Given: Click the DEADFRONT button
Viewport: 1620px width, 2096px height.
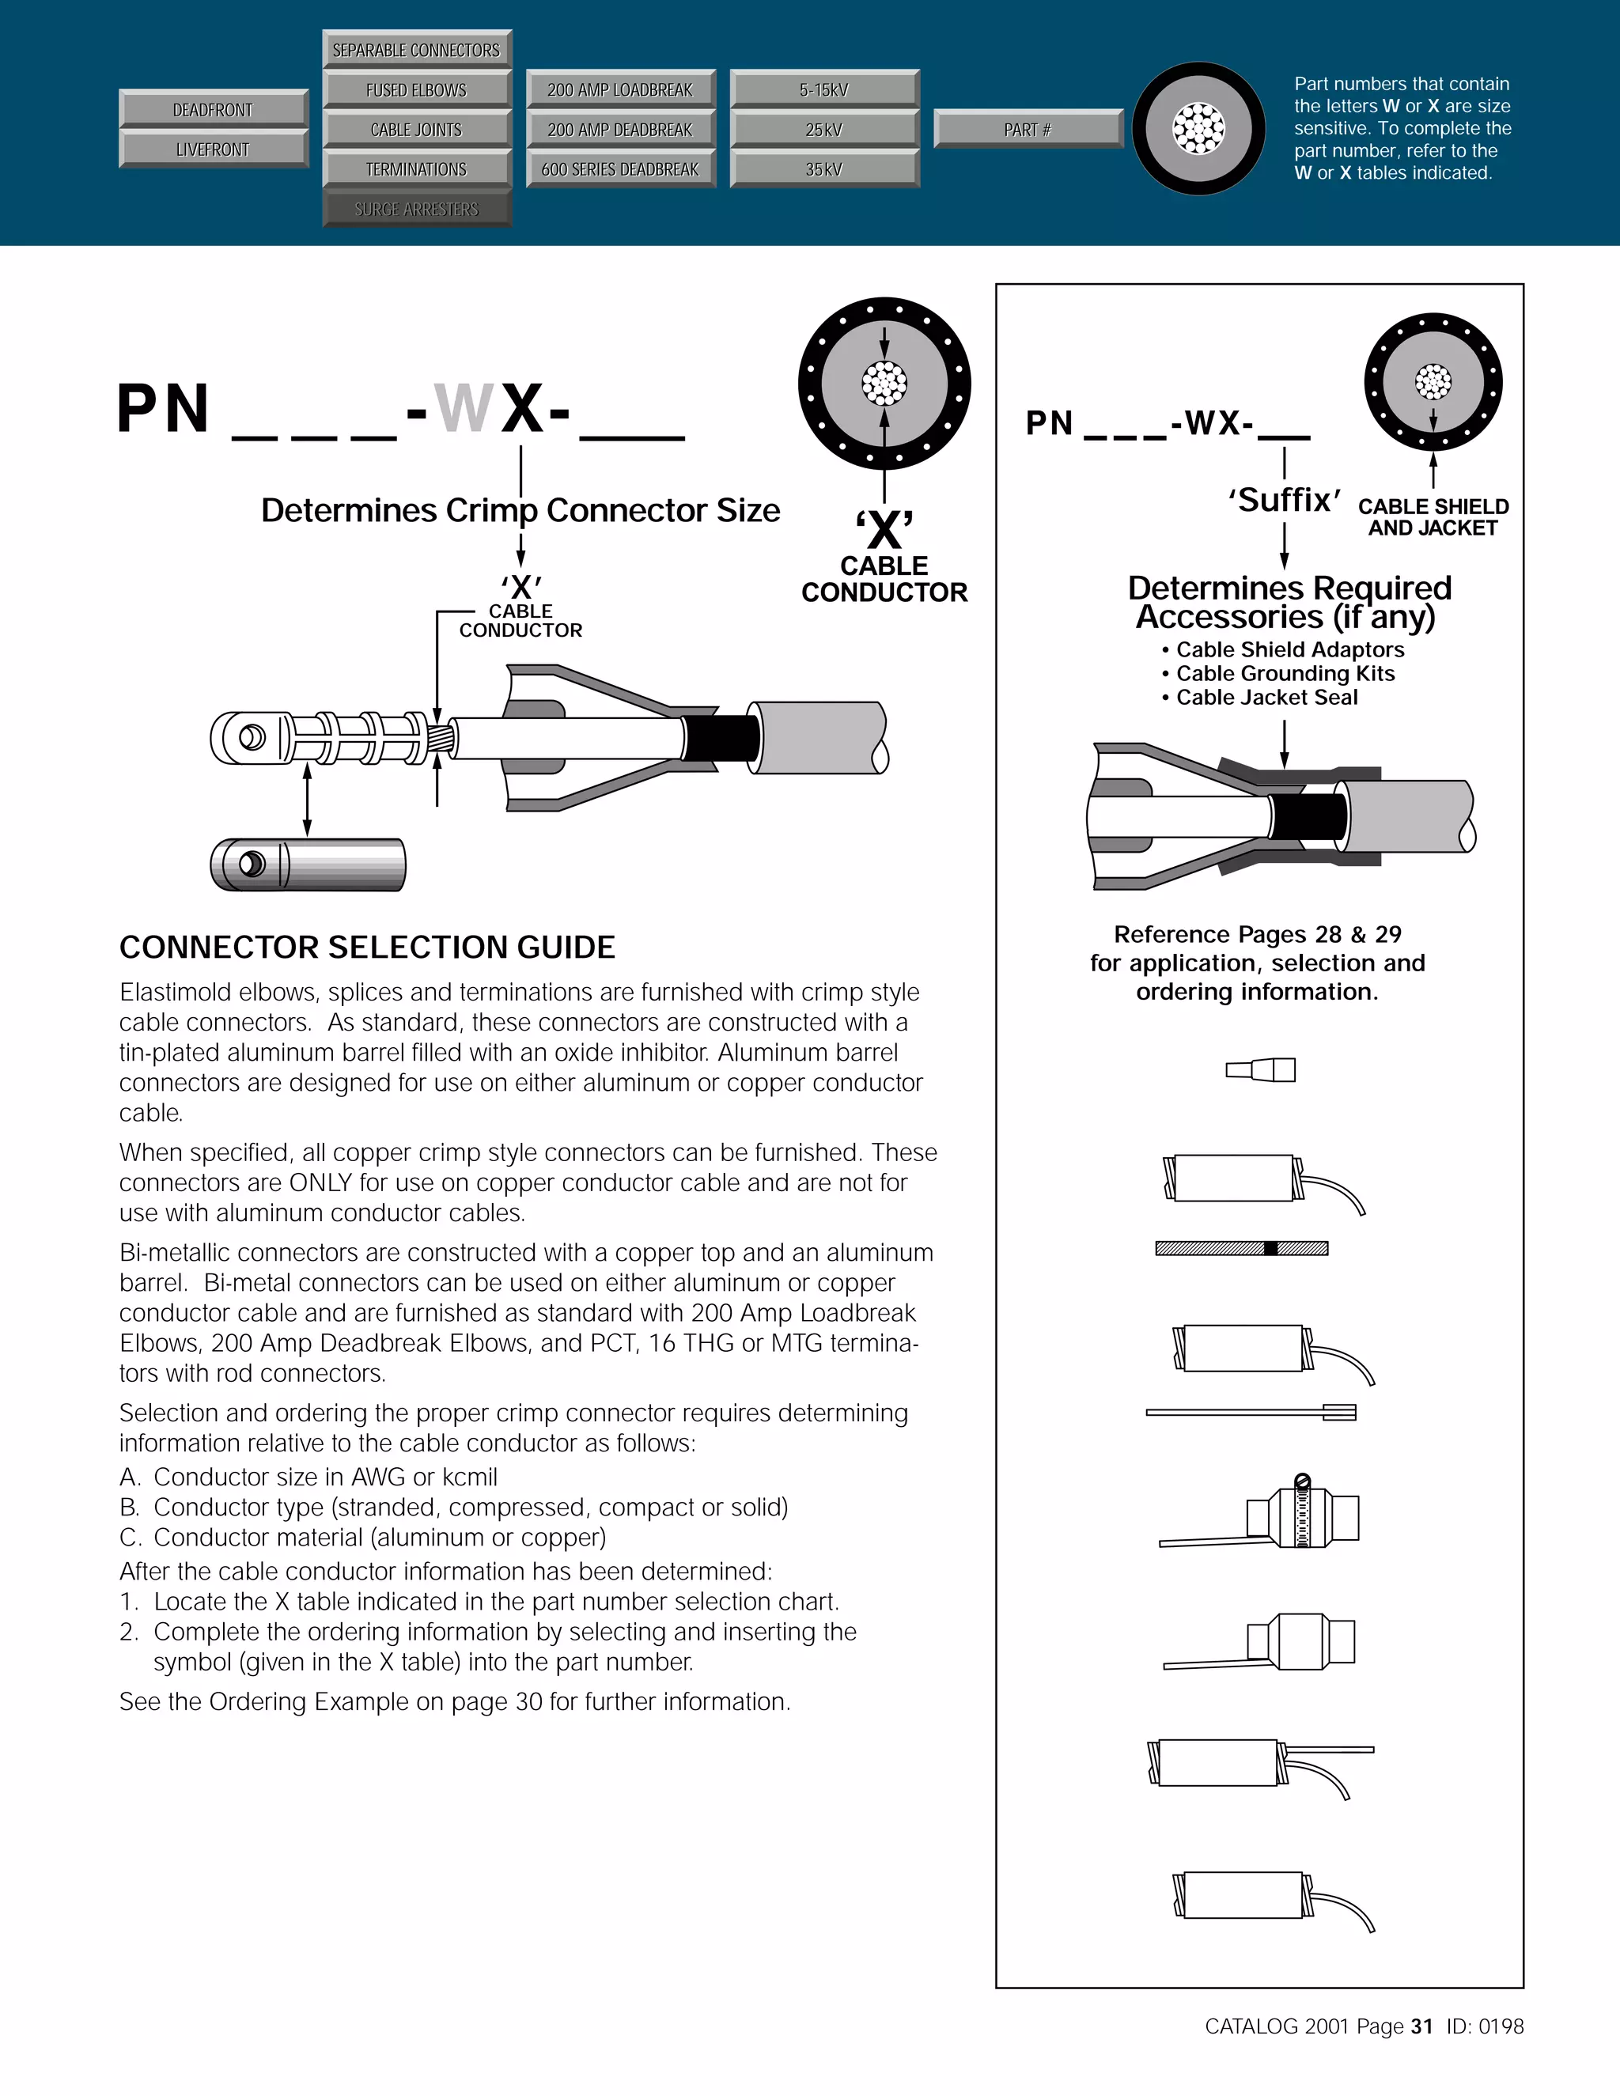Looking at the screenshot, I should [x=213, y=109].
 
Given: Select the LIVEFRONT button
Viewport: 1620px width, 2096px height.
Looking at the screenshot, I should [x=213, y=149].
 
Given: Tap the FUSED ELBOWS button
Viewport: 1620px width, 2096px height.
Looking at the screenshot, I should [x=417, y=89].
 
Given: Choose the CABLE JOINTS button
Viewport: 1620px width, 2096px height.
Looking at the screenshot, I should [x=417, y=130].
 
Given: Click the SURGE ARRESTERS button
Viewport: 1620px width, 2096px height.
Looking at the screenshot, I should [x=417, y=208].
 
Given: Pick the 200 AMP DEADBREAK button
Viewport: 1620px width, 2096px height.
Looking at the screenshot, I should [x=620, y=130].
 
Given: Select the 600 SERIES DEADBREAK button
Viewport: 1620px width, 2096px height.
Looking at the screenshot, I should [x=620, y=169].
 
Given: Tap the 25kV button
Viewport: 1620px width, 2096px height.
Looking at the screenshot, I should [x=824, y=130].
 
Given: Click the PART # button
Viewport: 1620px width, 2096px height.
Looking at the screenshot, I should [x=1028, y=130].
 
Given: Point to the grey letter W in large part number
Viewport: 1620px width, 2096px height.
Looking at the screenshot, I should [x=464, y=409].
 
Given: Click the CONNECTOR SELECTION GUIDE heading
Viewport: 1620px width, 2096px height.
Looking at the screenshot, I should [x=366, y=948].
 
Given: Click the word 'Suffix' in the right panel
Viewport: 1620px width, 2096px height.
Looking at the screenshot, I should [x=1284, y=500].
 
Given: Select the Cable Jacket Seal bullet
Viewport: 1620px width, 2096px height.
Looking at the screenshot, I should [x=1266, y=698].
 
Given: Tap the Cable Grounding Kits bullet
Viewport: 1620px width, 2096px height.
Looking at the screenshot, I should [x=1284, y=674].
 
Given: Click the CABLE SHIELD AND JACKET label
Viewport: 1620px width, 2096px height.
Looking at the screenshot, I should [x=1433, y=517].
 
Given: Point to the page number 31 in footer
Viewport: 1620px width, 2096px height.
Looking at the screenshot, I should [x=1421, y=2026].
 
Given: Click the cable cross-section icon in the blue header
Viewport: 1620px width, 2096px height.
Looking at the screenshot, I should [x=1198, y=129].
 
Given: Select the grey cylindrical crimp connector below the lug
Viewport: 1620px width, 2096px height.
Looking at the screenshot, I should [x=308, y=864].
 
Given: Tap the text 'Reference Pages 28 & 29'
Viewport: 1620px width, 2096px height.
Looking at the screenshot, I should [x=1257, y=934].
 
